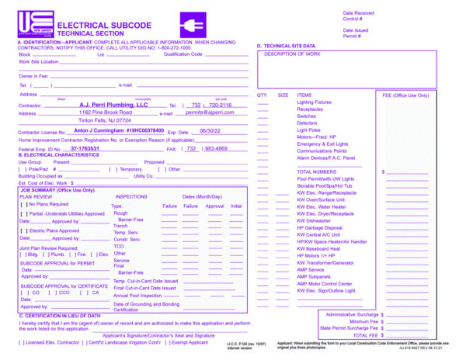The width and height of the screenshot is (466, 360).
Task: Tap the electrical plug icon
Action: pos(192,23)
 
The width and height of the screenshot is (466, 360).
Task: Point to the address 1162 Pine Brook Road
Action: pos(106,112)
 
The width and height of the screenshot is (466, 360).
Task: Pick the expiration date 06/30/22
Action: pos(210,132)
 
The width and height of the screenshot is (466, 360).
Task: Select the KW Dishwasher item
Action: pos(314,220)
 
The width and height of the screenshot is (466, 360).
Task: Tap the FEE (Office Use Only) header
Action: pos(405,95)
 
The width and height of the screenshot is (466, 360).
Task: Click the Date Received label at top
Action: pos(358,13)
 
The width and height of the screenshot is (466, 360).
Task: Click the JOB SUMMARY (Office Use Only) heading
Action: pos(57,189)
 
